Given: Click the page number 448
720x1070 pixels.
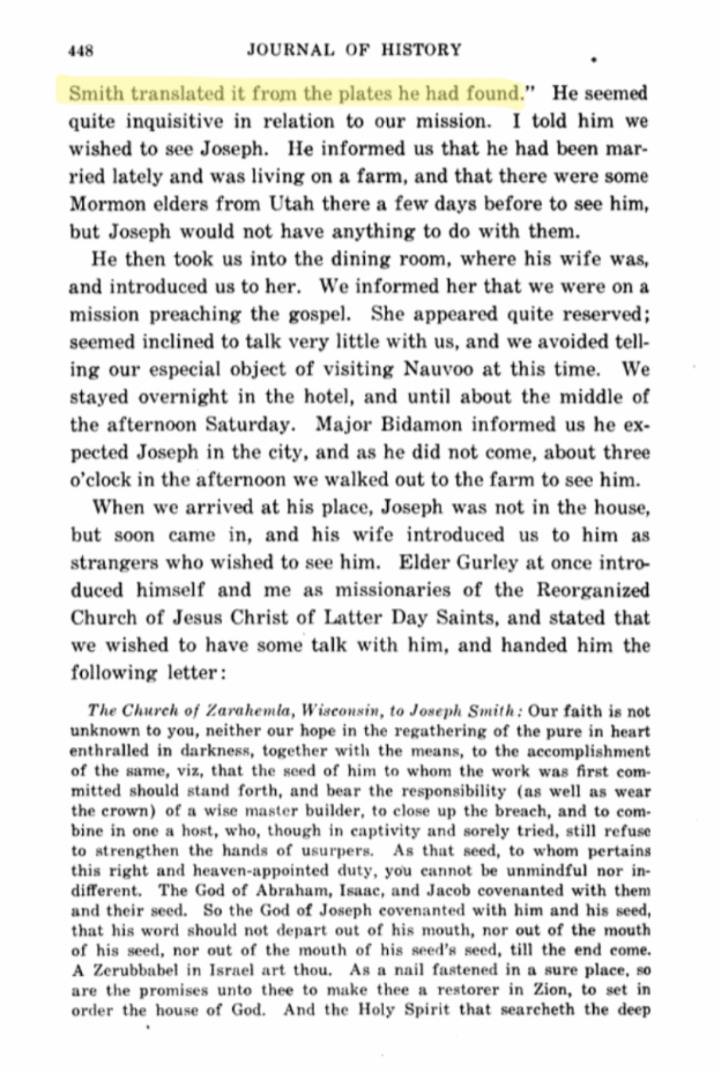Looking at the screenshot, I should (x=81, y=51).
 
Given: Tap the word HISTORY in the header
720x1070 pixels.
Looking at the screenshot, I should (x=421, y=50).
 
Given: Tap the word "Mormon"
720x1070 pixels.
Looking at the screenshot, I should (x=104, y=204).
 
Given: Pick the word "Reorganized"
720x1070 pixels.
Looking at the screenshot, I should (x=593, y=591).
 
